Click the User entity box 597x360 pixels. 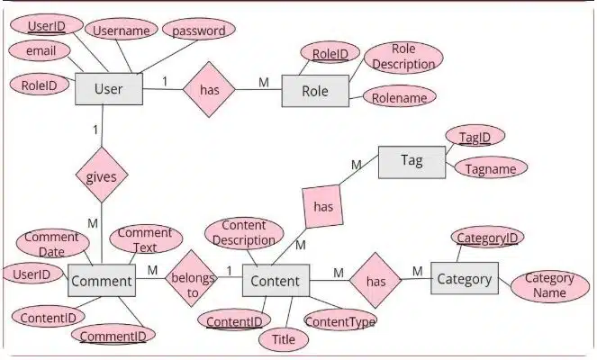107,90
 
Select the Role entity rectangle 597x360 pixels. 314,91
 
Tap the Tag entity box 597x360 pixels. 412,161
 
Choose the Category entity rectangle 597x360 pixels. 464,279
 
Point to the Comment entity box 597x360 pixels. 102,281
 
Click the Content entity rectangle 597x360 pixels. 276,281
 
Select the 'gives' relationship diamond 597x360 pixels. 101,176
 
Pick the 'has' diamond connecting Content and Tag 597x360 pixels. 323,207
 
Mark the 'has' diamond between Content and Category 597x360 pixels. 375,281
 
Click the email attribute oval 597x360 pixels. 41,51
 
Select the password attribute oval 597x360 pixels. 199,31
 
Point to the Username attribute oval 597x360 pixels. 122,31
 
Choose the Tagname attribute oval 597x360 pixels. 491,168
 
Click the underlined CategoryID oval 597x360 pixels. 487,238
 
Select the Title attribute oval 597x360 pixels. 283,340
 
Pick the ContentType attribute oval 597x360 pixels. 340,319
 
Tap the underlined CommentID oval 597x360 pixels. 113,337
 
